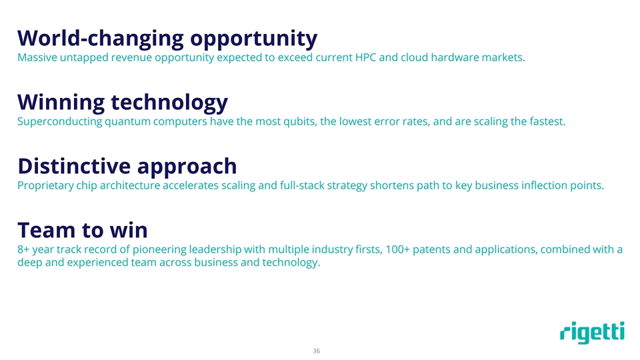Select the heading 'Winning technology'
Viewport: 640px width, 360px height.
pyautogui.click(x=123, y=102)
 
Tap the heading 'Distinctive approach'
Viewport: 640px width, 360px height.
pyautogui.click(x=127, y=165)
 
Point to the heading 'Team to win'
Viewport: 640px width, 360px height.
pyautogui.click(x=82, y=230)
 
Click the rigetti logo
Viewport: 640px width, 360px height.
pyautogui.click(x=592, y=333)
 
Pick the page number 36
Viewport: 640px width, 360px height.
pyautogui.click(x=317, y=351)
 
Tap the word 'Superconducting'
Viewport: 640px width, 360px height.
pyautogui.click(x=59, y=122)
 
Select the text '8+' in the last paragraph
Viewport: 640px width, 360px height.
pyautogui.click(x=24, y=250)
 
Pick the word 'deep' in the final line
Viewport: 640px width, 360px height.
pyautogui.click(x=29, y=263)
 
